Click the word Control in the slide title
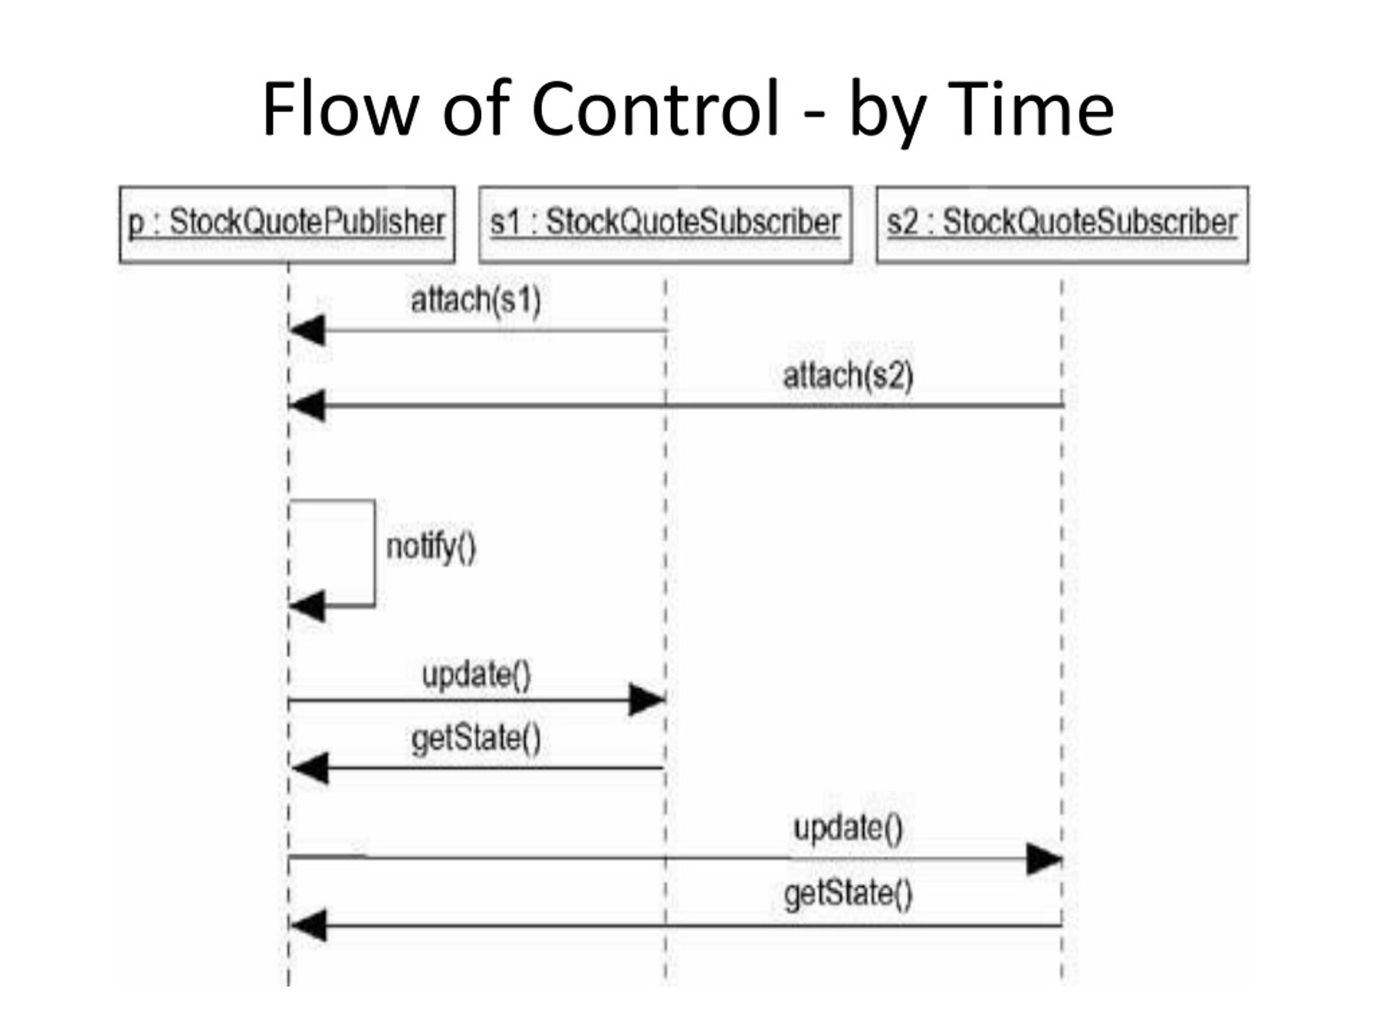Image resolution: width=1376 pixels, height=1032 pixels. pyautogui.click(x=655, y=109)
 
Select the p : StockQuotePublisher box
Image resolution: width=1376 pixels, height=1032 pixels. pyautogui.click(x=287, y=225)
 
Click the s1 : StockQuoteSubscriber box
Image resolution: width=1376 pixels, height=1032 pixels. pyautogui.click(x=665, y=225)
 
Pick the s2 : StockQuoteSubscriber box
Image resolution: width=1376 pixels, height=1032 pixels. pyautogui.click(x=1062, y=225)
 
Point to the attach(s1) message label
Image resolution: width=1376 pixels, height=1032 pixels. pyautogui.click(x=476, y=300)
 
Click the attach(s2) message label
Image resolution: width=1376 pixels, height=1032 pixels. pyautogui.click(x=848, y=376)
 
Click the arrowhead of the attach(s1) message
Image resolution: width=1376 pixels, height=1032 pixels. pyautogui.click(x=307, y=331)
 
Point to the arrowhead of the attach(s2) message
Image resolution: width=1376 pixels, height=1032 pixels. pyautogui.click(x=307, y=406)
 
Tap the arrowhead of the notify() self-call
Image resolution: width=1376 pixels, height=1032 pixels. pyautogui.click(x=307, y=606)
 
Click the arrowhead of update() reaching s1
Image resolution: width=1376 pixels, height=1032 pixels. pyautogui.click(x=647, y=700)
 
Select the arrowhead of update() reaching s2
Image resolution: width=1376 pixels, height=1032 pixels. pyautogui.click(x=1044, y=859)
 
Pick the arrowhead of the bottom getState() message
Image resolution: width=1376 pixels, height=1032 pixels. pyautogui.click(x=309, y=926)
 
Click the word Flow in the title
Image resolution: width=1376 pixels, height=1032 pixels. pyautogui.click(x=340, y=109)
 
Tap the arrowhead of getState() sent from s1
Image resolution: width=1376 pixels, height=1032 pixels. pyautogui.click(x=310, y=768)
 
